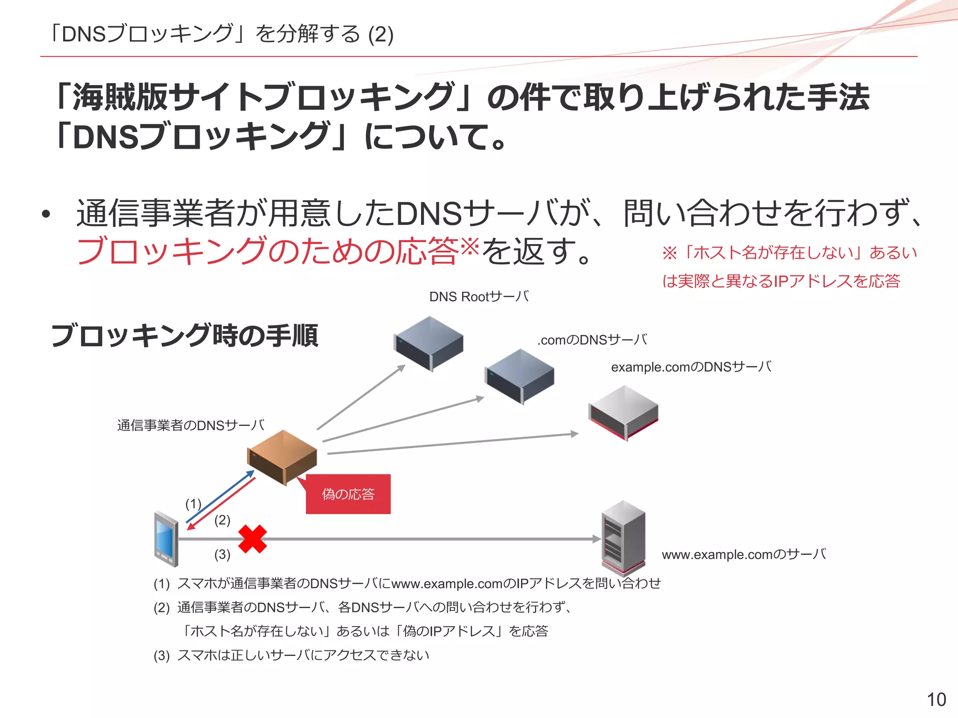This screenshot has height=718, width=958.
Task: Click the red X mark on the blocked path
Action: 253,539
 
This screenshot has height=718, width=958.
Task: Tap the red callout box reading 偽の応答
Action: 348,494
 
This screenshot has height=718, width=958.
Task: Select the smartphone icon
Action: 166,539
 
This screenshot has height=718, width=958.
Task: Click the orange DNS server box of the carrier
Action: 282,458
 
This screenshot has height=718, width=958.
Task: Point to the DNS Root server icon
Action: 428,344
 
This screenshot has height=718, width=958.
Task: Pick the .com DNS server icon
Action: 519,376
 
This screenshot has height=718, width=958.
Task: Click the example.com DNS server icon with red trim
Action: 624,413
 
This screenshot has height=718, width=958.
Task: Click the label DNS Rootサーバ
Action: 479,297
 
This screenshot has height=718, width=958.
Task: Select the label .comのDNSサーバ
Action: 593,340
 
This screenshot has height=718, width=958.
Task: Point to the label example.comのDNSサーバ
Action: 691,367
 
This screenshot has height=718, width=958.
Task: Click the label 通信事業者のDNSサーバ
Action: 191,425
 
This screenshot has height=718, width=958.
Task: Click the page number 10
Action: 936,700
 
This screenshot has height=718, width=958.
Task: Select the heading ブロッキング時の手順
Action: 184,335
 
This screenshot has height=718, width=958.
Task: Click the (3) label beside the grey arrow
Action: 222,554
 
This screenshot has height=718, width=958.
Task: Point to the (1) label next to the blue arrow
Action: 193,504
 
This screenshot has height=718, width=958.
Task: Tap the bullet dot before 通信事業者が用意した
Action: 45,215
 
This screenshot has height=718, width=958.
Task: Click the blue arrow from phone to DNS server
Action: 220,496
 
